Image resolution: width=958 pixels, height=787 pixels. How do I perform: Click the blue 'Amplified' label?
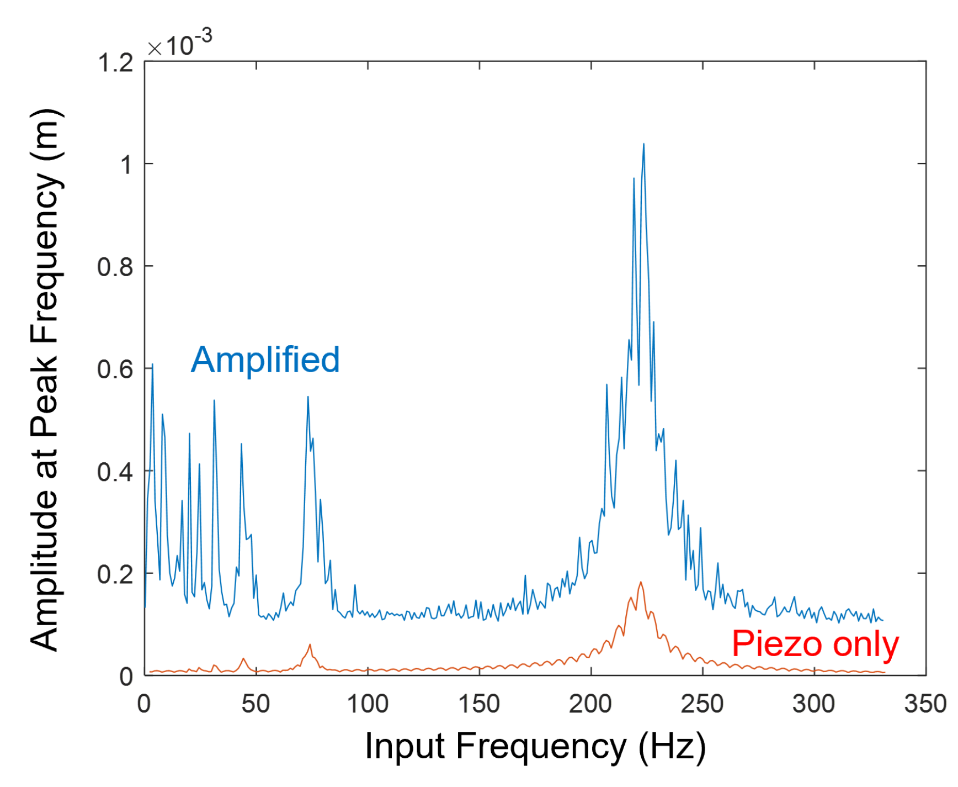265,360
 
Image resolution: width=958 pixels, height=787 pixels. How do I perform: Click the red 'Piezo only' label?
815,644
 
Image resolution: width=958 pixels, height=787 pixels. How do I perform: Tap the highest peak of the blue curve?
643,145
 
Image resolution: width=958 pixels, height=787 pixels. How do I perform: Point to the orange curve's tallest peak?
641,582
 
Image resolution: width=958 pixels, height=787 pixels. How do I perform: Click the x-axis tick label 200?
590,704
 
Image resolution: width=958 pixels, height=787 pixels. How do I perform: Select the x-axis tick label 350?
925,704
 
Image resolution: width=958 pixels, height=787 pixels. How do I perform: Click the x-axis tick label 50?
256,704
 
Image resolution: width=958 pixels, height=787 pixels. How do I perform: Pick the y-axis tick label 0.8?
115,267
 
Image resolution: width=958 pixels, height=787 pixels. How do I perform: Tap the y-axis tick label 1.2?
115,63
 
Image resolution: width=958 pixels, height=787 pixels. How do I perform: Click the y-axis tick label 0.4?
115,472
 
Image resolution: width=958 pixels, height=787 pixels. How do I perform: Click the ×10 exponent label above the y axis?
180,44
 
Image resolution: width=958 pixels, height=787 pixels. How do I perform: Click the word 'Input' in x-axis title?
405,746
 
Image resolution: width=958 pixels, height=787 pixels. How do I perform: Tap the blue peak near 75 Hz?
308,397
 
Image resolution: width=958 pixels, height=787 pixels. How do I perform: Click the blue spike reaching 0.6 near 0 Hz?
152,365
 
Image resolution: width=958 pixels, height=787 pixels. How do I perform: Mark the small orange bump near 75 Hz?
310,645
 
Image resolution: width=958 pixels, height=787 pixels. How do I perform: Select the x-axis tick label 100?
368,704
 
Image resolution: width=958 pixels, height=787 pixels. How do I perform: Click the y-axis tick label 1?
126,165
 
